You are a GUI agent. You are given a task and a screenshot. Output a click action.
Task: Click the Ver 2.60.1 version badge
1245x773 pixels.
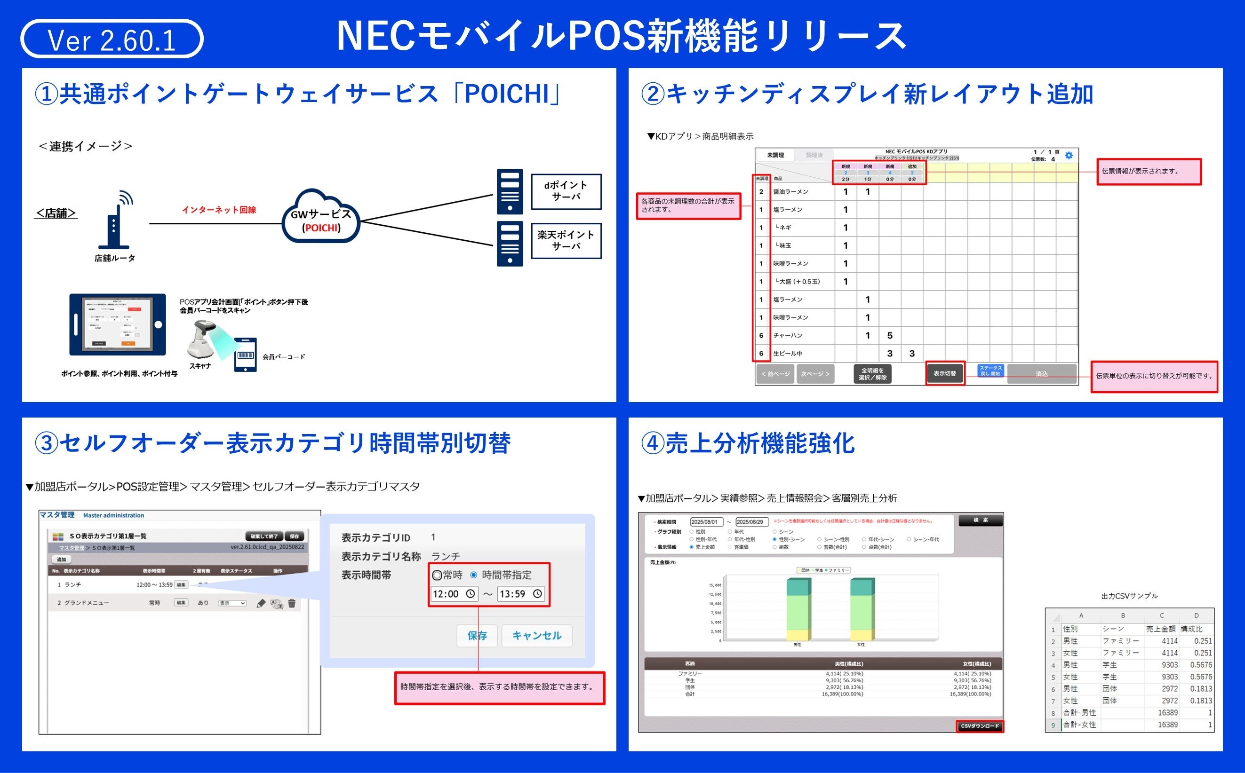click(x=112, y=39)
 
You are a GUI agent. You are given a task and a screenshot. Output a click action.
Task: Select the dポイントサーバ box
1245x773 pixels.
click(x=566, y=191)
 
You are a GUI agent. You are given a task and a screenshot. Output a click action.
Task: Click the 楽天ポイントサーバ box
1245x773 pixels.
click(x=566, y=240)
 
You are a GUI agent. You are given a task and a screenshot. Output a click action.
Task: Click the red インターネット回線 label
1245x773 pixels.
click(x=219, y=210)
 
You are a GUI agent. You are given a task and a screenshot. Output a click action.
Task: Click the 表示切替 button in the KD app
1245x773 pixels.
click(x=944, y=373)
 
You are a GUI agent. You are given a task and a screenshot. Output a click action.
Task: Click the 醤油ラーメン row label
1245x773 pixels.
click(x=791, y=192)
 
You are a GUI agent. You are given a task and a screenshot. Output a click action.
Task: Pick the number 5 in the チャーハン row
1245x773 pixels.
click(x=889, y=335)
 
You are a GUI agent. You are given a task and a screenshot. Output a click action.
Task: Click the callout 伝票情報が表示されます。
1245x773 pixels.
click(x=1149, y=171)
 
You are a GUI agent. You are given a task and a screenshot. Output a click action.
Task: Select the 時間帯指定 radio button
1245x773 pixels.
click(x=474, y=575)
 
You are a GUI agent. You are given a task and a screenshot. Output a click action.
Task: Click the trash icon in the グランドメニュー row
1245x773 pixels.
click(x=292, y=603)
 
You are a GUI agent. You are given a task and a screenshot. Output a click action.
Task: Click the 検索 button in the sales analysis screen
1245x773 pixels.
click(x=980, y=521)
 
